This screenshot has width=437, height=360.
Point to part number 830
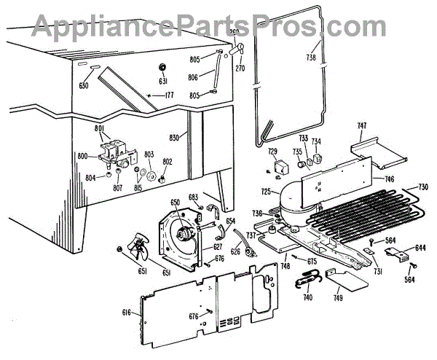point(175,138)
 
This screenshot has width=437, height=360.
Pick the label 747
point(361,126)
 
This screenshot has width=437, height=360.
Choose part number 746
point(389,178)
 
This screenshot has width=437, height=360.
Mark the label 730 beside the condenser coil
point(422,187)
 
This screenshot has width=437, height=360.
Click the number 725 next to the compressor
point(266,192)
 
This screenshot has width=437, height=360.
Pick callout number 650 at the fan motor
point(175,202)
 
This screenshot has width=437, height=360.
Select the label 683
point(193,197)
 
